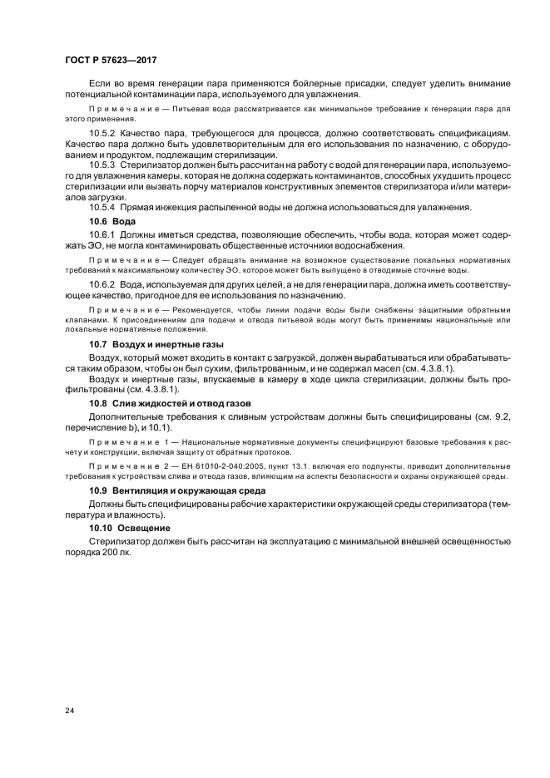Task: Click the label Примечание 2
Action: [x=126, y=466]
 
